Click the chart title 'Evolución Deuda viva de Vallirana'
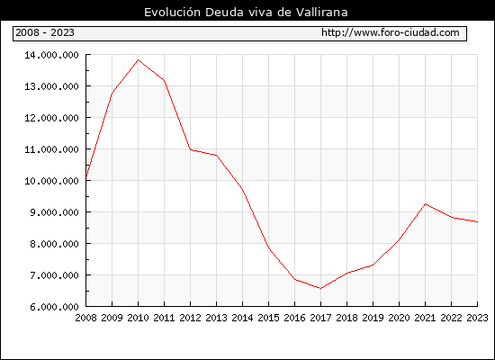coord(246,13)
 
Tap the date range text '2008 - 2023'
coord(45,32)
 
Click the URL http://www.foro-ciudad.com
coord(391,32)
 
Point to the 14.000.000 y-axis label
coord(52,55)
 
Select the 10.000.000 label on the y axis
coord(52,181)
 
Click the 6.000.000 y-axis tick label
coord(54,307)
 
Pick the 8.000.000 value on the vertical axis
coord(54,244)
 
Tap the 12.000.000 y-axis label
coord(52,118)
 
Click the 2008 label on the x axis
coord(85,318)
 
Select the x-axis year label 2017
coord(320,318)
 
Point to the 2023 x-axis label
coord(477,318)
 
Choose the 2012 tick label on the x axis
coord(191,318)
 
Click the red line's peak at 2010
coord(138,59)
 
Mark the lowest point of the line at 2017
coord(320,288)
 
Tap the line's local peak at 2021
coord(425,204)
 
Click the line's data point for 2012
coord(191,149)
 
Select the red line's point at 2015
coord(269,248)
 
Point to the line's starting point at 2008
coord(86,176)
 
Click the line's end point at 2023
coord(477,221)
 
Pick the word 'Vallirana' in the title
coord(322,13)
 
